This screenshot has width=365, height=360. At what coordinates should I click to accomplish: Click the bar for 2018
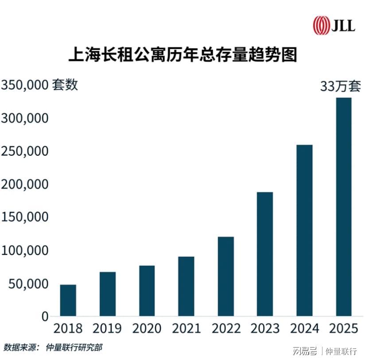68,300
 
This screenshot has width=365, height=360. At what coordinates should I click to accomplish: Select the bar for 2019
107,294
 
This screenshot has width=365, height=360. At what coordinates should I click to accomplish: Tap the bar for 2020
147,291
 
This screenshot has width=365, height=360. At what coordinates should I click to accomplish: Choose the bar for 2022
225,276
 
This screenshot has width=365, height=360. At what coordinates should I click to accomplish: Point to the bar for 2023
265,254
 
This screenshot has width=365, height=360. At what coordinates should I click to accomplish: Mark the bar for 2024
304,230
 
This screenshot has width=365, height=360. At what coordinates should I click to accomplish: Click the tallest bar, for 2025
344,207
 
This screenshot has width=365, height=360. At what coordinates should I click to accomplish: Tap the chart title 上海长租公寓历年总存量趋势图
182,55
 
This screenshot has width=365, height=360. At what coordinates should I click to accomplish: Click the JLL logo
334,25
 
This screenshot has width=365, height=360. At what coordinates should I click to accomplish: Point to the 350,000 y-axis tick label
24,85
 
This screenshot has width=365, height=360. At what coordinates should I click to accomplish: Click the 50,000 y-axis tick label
28,283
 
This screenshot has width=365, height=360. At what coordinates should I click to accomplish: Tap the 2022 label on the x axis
226,329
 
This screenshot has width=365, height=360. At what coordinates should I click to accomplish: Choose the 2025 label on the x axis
344,329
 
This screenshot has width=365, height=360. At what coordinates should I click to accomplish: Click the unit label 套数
65,84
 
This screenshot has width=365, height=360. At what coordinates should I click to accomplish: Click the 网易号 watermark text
304,352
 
